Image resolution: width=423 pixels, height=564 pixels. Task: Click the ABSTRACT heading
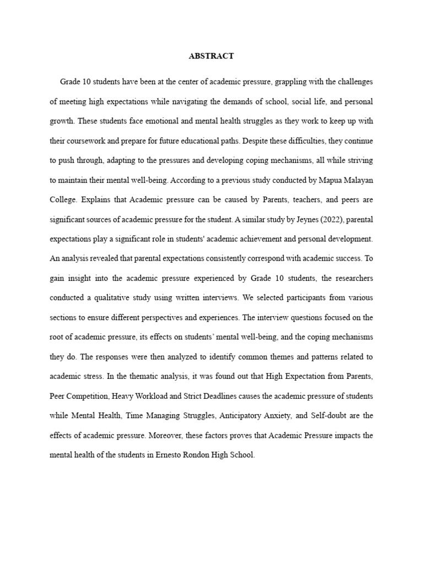pos(211,56)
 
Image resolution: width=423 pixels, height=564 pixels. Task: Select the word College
pos(64,199)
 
